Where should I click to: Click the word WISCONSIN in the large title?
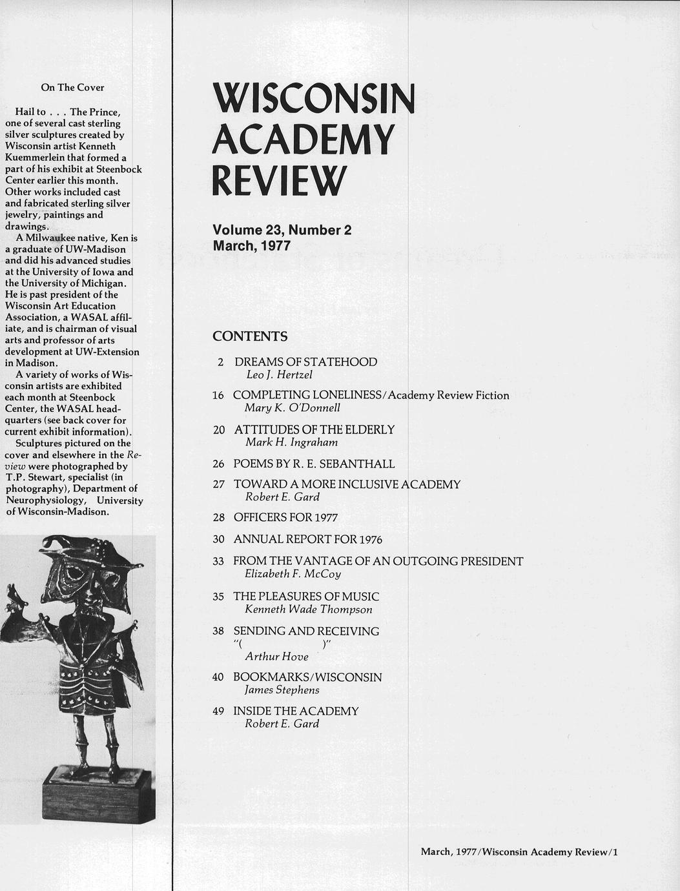pos(313,99)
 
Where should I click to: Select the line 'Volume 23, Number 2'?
pos(282,230)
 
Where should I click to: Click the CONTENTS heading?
pos(250,336)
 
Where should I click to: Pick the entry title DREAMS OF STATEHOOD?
pos(305,362)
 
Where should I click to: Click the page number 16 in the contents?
pos(218,395)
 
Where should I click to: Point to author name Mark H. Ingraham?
pos(291,442)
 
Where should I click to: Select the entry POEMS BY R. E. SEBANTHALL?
pos(314,464)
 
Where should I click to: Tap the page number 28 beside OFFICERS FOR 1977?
pos(218,518)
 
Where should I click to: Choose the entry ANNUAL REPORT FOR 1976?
pos(308,539)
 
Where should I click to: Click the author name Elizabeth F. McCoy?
pos(293,574)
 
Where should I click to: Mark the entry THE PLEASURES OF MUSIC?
pos(306,597)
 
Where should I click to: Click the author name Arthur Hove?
pos(276,657)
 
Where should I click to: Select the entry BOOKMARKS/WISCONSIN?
pos(307,677)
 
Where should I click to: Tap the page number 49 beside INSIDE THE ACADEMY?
pos(218,712)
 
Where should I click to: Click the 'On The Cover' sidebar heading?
pos(72,88)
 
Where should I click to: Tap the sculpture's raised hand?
pos(14,600)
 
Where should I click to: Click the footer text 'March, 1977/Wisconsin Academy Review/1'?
pos(519,852)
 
